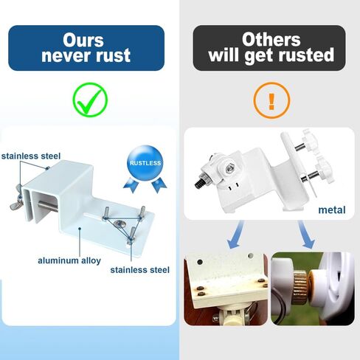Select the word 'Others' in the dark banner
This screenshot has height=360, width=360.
pyautogui.click(x=271, y=39)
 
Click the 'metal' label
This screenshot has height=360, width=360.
pyautogui.click(x=331, y=210)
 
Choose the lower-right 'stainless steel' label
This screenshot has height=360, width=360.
pyautogui.click(x=140, y=270)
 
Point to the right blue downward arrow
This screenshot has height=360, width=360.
pyautogui.click(x=305, y=236)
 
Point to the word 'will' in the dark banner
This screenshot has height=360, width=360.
pyautogui.click(x=226, y=55)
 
